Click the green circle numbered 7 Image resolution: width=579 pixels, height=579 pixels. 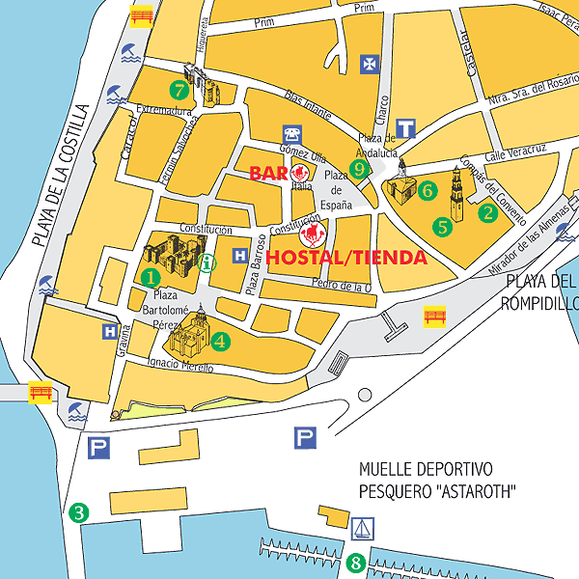(179, 90)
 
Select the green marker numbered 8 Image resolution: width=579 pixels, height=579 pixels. (355, 562)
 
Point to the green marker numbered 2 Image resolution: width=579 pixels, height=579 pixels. (488, 213)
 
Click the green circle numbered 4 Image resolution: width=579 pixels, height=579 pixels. (220, 341)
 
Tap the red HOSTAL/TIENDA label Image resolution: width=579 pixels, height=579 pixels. (346, 258)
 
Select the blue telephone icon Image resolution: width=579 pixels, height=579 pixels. (291, 133)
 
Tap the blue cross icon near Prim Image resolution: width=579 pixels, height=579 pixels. (368, 64)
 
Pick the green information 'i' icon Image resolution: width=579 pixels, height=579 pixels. (207, 262)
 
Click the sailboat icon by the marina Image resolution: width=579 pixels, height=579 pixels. (362, 529)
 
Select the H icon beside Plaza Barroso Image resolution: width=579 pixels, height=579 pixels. (239, 257)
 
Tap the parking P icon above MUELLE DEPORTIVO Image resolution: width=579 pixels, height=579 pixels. (306, 439)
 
